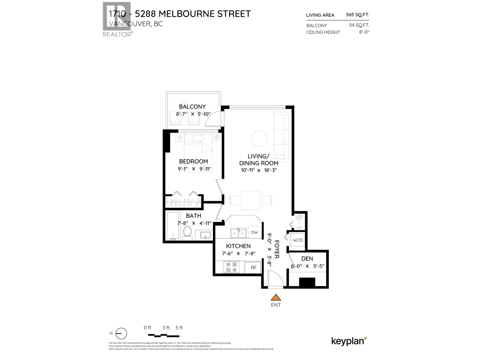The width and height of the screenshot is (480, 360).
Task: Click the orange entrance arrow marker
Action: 276,298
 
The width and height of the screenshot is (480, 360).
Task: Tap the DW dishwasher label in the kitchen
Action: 254,232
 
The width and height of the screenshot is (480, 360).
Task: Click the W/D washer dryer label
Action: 298,240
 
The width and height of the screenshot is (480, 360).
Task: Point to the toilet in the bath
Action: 187,233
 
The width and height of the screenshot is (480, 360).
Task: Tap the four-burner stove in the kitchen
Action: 231,267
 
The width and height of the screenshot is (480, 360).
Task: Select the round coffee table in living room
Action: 259,139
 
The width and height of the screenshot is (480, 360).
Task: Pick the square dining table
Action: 251,200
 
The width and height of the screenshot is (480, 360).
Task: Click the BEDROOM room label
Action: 193,161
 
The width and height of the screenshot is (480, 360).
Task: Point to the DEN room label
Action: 307,259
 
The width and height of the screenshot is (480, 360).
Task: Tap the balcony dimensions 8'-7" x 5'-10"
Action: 193,114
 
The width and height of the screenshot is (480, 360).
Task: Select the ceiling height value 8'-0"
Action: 364,32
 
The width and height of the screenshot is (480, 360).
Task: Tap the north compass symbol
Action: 121,334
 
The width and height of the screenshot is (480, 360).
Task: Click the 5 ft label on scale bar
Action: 179,328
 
